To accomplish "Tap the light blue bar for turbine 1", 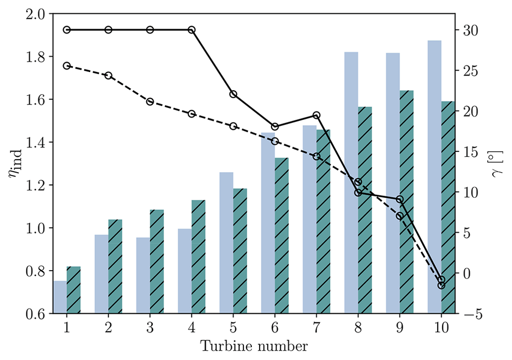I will [60, 297].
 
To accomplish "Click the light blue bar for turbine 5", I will [227, 242].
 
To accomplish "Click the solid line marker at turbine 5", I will [233, 94].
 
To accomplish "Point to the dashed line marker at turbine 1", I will [67, 65].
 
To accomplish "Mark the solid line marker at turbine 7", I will [317, 115].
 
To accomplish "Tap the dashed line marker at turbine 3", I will [150, 102].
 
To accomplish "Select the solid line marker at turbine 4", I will [192, 30].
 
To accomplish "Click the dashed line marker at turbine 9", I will [399, 216].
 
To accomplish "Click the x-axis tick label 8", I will [358, 328].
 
